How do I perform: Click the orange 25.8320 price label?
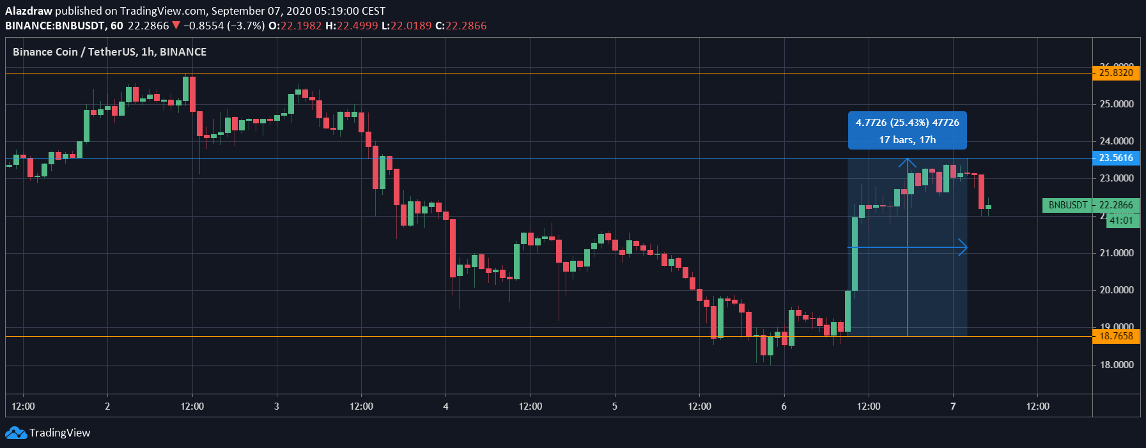click(x=1116, y=73)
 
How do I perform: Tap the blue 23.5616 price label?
click(x=1116, y=158)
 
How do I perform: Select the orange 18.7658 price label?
click(x=1116, y=336)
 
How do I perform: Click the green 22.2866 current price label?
click(x=1116, y=205)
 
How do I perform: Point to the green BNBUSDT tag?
click(x=1067, y=205)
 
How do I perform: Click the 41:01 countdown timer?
click(x=1121, y=220)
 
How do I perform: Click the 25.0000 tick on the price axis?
click(x=1116, y=104)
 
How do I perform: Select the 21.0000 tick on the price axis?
click(x=1116, y=253)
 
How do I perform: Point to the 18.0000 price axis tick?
click(x=1116, y=365)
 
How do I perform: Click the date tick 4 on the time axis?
click(x=445, y=406)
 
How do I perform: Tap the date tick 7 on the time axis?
click(x=953, y=406)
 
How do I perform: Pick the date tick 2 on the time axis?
click(x=107, y=406)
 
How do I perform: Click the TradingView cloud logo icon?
click(x=16, y=433)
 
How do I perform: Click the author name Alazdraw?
click(x=28, y=11)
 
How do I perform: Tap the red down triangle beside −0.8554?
click(x=176, y=26)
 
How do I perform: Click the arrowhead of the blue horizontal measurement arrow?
click(x=964, y=247)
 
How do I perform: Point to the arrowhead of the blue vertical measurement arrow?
click(x=908, y=161)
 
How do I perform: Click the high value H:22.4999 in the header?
click(x=352, y=26)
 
